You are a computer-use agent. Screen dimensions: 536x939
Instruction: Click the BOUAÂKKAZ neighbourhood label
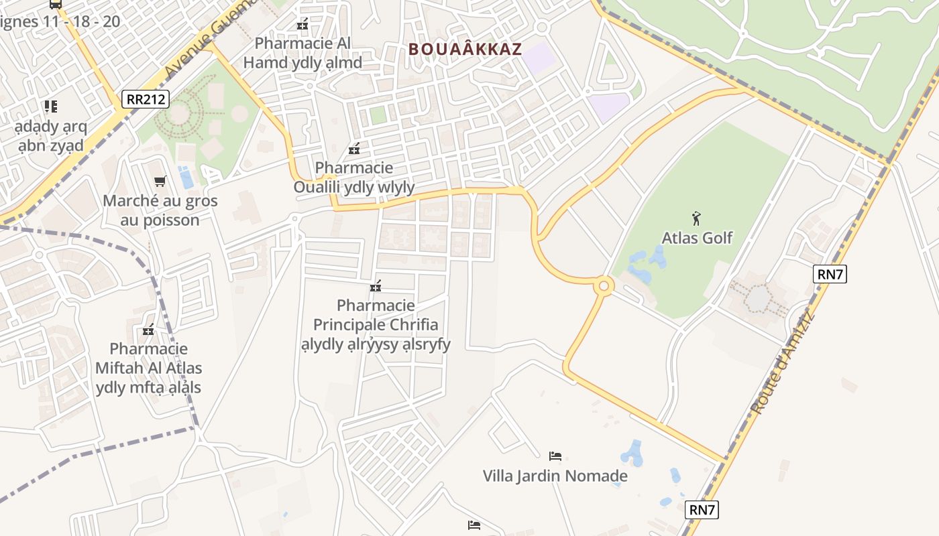(x=465, y=49)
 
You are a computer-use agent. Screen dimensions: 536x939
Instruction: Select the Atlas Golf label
(x=697, y=238)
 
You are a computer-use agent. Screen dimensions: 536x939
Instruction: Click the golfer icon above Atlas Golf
(x=697, y=218)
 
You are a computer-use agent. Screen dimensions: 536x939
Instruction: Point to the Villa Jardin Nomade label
(x=555, y=476)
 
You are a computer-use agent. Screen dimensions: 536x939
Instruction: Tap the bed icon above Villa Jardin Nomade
(x=555, y=456)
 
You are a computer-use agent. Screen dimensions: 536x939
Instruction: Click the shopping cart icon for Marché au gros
(x=160, y=181)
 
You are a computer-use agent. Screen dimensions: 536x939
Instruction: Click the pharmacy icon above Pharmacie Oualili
(x=354, y=149)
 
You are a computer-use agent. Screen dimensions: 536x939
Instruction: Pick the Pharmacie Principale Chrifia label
(x=376, y=325)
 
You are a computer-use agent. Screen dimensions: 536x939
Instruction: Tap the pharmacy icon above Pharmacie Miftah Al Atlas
(x=148, y=330)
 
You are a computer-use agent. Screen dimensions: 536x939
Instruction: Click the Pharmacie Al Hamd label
(x=302, y=53)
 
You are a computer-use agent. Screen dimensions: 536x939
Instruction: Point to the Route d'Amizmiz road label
(x=781, y=362)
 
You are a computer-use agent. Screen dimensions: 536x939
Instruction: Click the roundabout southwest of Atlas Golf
(x=603, y=287)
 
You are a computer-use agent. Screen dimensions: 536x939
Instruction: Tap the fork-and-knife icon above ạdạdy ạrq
(x=51, y=106)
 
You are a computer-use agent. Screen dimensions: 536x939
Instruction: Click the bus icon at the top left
(x=56, y=4)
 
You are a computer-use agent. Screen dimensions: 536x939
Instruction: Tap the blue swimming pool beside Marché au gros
(x=186, y=178)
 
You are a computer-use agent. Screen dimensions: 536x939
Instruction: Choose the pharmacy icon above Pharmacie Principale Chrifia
(x=376, y=287)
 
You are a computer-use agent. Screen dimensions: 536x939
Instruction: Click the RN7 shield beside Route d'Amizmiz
(x=830, y=273)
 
